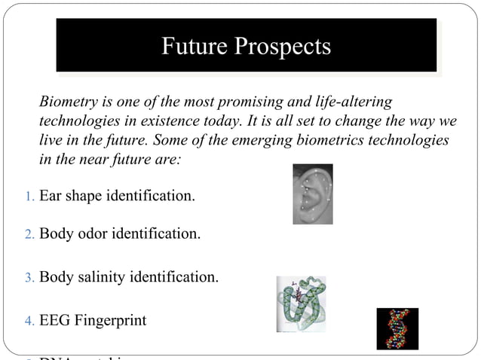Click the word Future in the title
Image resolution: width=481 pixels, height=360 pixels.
[x=193, y=47]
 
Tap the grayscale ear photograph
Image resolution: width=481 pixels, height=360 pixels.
[x=312, y=194]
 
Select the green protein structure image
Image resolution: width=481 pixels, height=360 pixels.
[x=301, y=304]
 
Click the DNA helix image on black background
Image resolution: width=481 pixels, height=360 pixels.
[x=397, y=328]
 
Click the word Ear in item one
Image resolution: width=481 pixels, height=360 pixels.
[x=50, y=197]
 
